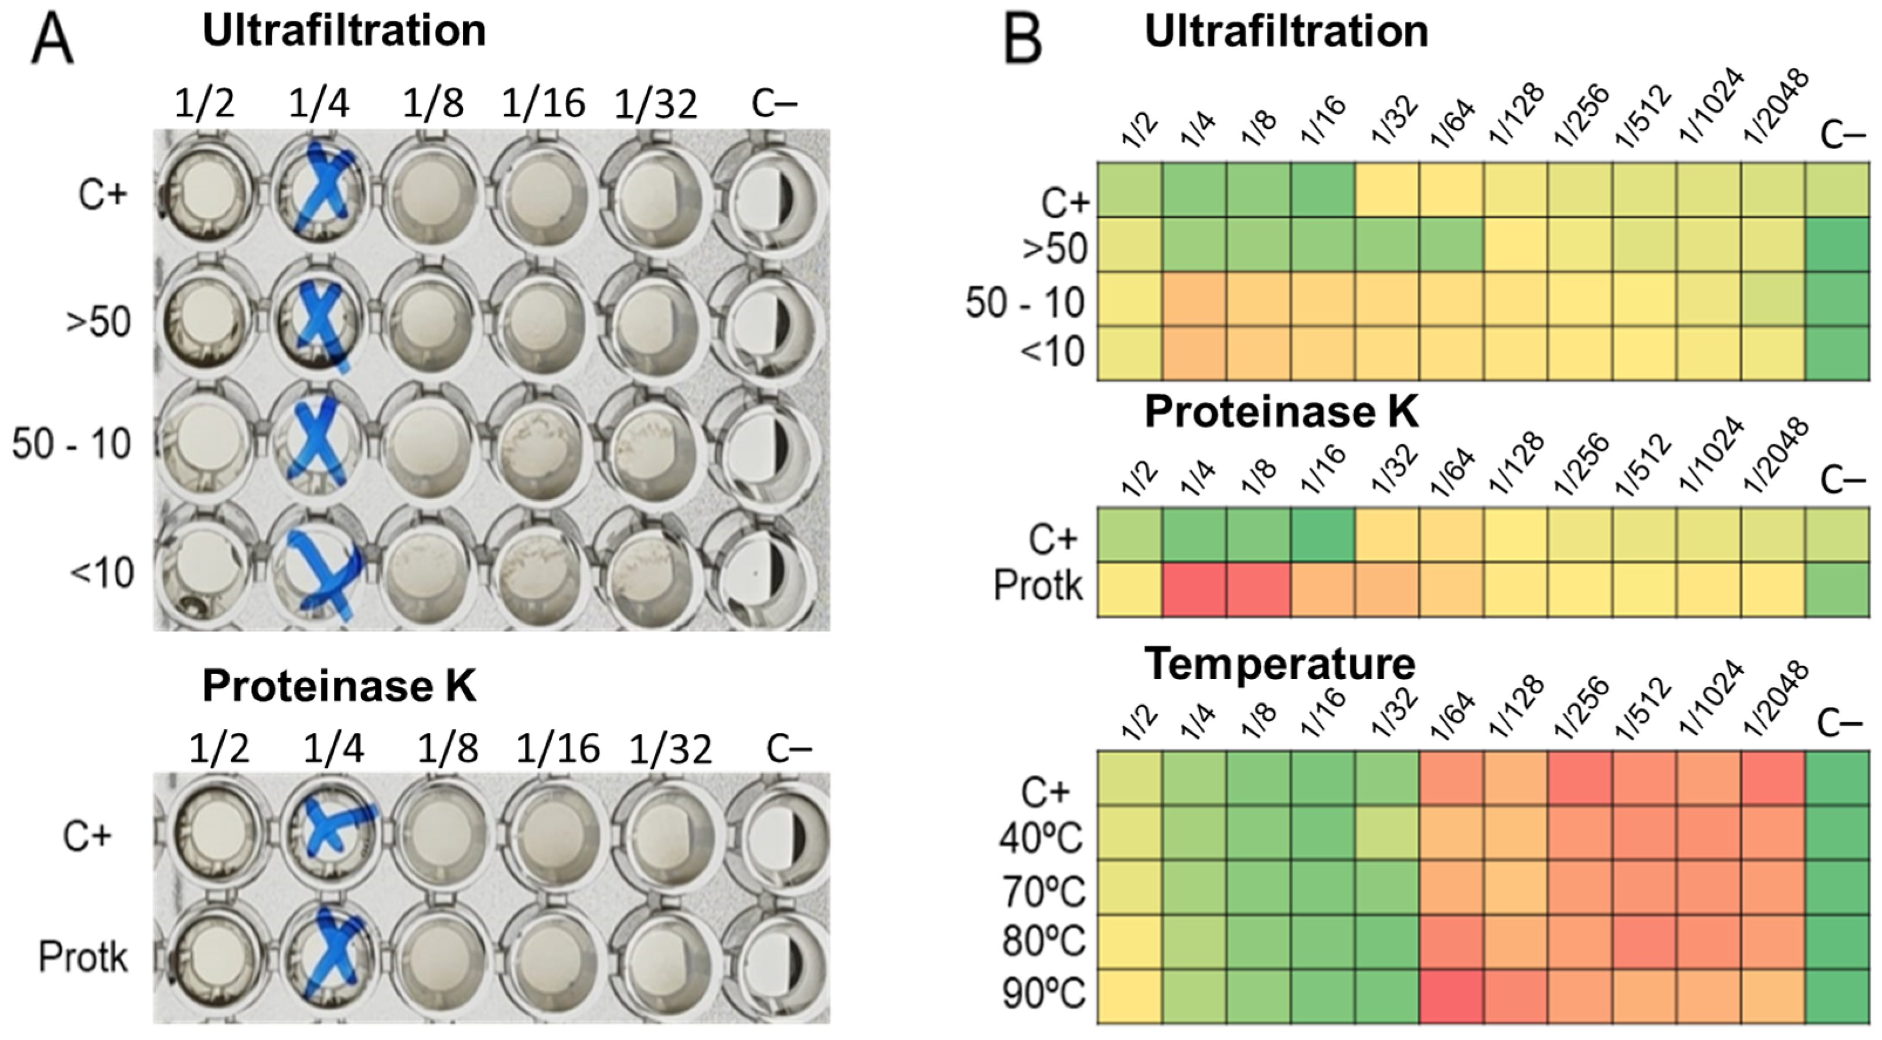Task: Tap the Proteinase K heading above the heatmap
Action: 1281,412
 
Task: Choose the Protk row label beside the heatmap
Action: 1038,586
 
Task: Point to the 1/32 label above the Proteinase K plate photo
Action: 669,749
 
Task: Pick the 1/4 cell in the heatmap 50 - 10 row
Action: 1194,300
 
